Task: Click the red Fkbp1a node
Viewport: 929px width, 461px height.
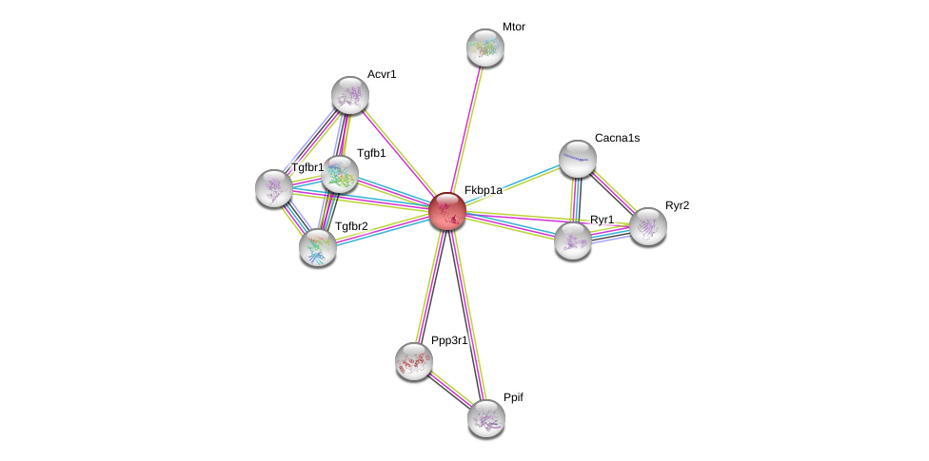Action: (x=446, y=210)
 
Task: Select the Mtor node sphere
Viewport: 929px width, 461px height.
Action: (x=484, y=47)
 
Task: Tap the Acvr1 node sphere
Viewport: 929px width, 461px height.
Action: (x=349, y=94)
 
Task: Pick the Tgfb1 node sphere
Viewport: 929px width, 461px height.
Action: (x=339, y=173)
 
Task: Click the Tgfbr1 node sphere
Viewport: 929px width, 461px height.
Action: (x=274, y=187)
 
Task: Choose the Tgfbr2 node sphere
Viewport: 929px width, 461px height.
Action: (x=318, y=246)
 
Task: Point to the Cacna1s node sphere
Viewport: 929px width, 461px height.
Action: (x=577, y=158)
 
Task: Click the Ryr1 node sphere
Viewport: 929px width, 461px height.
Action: (x=573, y=240)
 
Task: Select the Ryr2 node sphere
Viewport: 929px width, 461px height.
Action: (x=648, y=225)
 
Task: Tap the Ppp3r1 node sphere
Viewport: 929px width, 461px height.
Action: (x=414, y=360)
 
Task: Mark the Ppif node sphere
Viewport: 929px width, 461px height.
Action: (x=485, y=417)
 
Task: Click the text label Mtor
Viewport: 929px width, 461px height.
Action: (x=513, y=27)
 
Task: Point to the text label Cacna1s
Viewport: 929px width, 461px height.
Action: (x=617, y=138)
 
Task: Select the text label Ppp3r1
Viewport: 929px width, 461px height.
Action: (x=449, y=340)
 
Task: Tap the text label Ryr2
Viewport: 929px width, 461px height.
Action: (x=677, y=205)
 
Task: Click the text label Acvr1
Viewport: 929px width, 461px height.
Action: (x=381, y=74)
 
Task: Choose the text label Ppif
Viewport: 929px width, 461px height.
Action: (x=513, y=396)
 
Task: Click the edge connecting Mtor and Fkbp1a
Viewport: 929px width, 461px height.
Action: (x=465, y=128)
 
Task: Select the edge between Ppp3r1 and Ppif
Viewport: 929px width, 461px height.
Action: (x=449, y=389)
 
